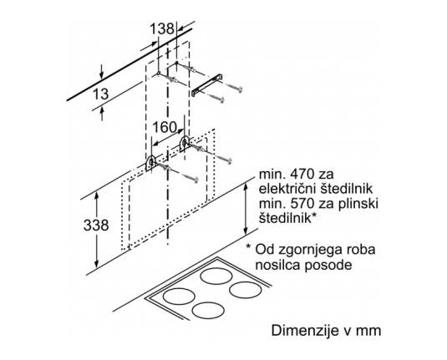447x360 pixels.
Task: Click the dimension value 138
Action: tap(162, 28)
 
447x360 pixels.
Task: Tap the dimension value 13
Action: tap(100, 94)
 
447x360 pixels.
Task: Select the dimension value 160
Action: tap(165, 128)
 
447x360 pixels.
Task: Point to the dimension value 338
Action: tap(96, 226)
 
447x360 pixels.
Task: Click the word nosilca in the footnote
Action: tap(277, 265)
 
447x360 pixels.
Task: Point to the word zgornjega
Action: tap(306, 251)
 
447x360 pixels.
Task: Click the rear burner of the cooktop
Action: tap(216, 276)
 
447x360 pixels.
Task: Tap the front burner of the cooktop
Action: tap(208, 311)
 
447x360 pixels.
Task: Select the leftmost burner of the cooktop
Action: tap(179, 297)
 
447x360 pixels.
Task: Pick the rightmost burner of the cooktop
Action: tap(245, 290)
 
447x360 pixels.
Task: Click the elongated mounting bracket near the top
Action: tap(207, 85)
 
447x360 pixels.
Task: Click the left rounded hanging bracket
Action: tap(150, 164)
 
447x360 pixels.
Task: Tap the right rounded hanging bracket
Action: tap(185, 144)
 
